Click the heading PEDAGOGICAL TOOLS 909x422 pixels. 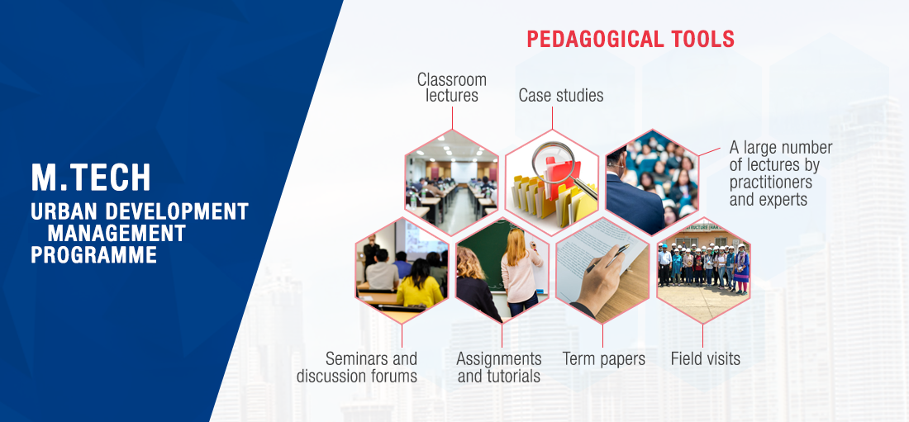pos(631,39)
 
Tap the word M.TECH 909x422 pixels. pos(91,178)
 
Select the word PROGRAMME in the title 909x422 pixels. pos(94,254)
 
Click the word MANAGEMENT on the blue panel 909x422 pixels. pos(117,233)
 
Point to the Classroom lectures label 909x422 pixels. pos(451,88)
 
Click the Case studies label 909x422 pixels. pos(560,95)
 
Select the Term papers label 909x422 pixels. pos(603,358)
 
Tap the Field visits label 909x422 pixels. pos(706,358)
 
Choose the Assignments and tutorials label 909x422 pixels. pos(499,367)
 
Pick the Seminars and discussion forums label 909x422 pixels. pos(356,367)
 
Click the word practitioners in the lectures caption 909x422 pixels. pos(770,183)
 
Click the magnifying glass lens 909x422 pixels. pos(554,162)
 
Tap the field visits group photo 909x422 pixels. pos(703,270)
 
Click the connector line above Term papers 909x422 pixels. pos(602,335)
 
